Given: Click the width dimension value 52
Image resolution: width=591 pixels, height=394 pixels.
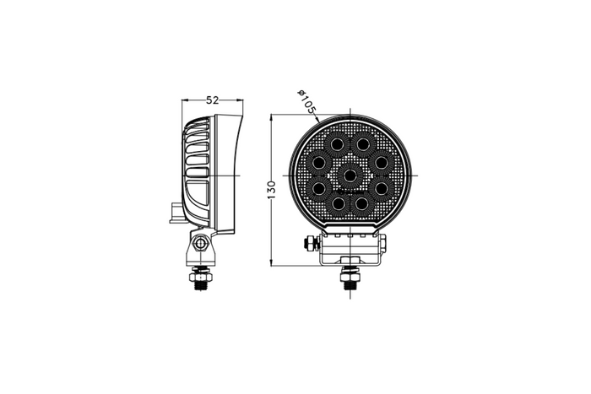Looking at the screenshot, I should (213, 100).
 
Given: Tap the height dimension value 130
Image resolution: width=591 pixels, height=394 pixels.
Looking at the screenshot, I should (272, 189).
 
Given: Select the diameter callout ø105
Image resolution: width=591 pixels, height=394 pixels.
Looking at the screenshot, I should (306, 101).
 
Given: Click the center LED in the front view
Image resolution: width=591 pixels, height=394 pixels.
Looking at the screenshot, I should (350, 175).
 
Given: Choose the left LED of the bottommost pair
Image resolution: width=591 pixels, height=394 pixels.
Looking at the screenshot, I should (337, 203).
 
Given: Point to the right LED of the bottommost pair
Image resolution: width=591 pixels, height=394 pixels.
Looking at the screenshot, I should (362, 203).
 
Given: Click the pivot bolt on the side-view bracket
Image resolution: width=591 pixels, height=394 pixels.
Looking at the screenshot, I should (201, 245).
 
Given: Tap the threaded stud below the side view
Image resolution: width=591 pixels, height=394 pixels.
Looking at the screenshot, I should (201, 279).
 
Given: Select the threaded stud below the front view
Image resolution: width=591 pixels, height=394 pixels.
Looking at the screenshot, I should (349, 279).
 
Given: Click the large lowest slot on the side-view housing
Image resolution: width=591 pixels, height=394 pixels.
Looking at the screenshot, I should (199, 198).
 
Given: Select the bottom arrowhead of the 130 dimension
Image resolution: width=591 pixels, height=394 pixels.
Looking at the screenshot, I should (271, 262).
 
